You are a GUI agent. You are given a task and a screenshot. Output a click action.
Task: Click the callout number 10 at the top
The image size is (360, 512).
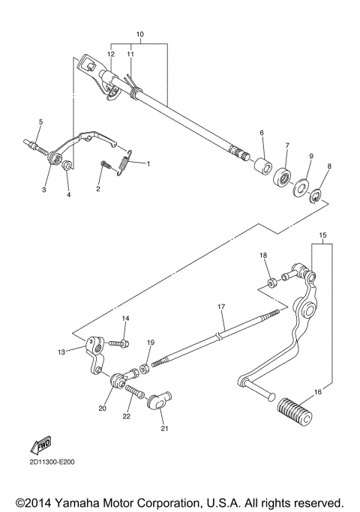[x=139, y=35]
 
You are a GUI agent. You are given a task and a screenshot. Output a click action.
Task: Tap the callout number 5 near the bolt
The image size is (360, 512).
[x=40, y=121]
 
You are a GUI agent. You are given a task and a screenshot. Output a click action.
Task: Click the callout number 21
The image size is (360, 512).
[x=164, y=429]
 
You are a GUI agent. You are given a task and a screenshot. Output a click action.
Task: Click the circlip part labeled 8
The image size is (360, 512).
[x=319, y=197]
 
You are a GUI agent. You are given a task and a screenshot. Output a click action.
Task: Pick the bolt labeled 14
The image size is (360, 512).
[x=120, y=343]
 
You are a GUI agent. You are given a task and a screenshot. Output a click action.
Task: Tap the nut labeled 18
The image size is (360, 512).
[x=271, y=283]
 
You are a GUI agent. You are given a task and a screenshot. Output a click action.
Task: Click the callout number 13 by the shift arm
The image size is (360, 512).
[x=61, y=351]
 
